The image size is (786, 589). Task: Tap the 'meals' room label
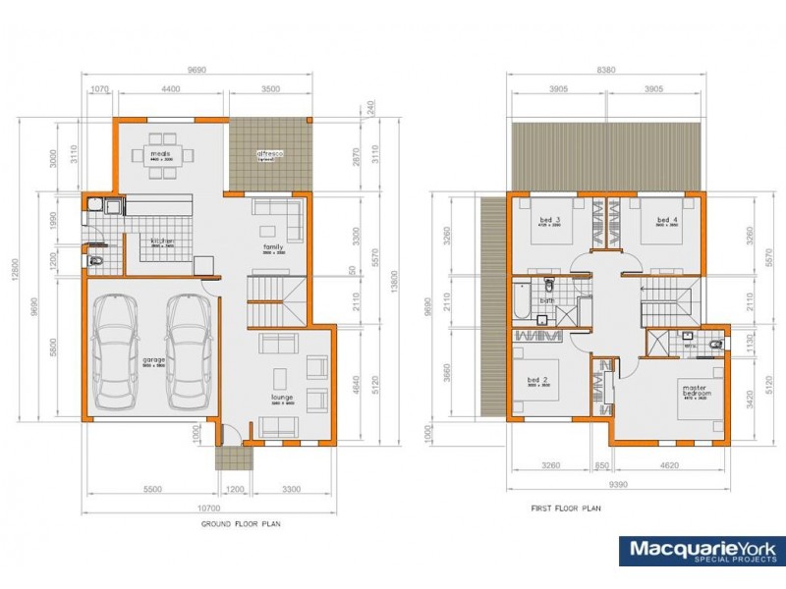161,155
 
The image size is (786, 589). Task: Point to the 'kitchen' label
162,241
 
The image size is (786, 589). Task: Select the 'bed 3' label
549,220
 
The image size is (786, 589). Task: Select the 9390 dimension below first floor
618,484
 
